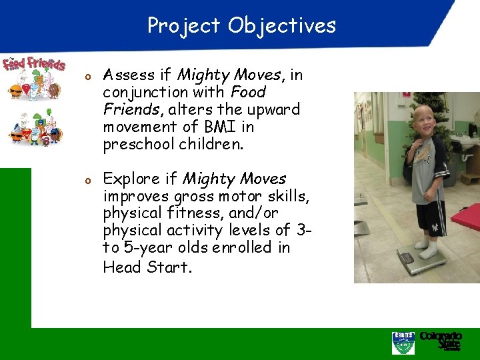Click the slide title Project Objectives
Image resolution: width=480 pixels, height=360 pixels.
(241, 26)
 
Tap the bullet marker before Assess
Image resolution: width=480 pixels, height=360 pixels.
(87, 76)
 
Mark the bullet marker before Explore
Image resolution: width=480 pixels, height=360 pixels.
(87, 180)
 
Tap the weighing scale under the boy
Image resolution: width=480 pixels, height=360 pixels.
(421, 259)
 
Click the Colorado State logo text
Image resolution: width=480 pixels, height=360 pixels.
(441, 340)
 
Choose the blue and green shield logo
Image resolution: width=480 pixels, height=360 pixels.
(403, 342)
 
